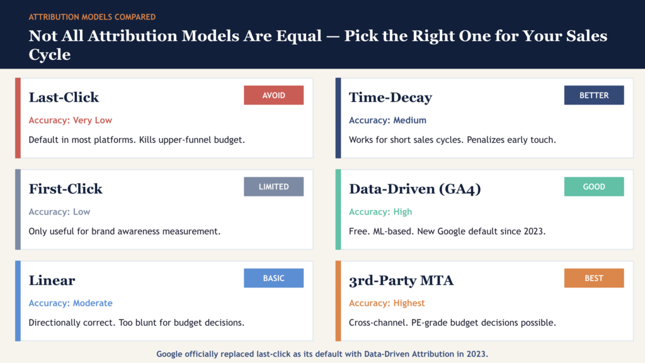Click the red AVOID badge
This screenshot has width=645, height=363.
pyautogui.click(x=273, y=95)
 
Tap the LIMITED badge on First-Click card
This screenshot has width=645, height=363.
pyautogui.click(x=273, y=187)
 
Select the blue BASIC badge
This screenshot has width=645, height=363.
pyautogui.click(x=273, y=278)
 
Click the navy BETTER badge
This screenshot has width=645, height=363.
pyautogui.click(x=594, y=95)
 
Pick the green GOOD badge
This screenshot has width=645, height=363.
pyautogui.click(x=594, y=187)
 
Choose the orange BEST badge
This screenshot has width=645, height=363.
pyautogui.click(x=594, y=278)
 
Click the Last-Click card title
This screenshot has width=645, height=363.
pyautogui.click(x=64, y=98)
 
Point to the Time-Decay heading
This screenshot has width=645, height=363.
pyautogui.click(x=390, y=98)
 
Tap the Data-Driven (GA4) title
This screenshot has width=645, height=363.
pyautogui.click(x=414, y=189)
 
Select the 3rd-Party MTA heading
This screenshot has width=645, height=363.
pyautogui.click(x=401, y=281)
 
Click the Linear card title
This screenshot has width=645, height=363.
pyautogui.click(x=52, y=281)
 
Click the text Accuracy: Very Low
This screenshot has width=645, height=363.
pyautogui.click(x=71, y=120)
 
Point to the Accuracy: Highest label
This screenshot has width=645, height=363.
pyautogui.click(x=387, y=303)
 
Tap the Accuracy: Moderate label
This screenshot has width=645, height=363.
pyautogui.click(x=71, y=303)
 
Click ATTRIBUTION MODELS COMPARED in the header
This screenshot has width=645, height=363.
pyautogui.click(x=92, y=17)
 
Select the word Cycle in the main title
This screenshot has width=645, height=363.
pyautogui.click(x=49, y=55)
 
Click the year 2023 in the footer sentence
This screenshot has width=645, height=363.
pyautogui.click(x=476, y=354)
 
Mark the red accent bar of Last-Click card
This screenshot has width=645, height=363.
pyautogui.click(x=18, y=118)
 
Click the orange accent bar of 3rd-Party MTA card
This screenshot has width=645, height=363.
pyautogui.click(x=338, y=301)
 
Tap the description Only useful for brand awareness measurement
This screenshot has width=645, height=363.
pyautogui.click(x=125, y=232)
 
